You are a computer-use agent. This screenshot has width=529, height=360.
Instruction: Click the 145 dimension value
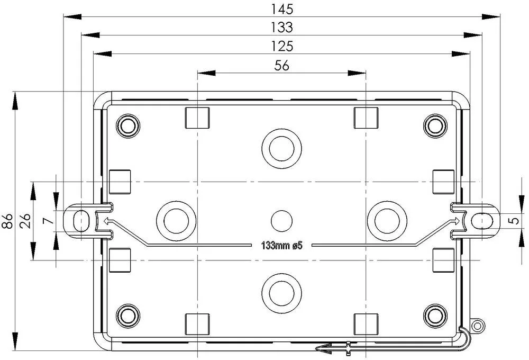point(282,9)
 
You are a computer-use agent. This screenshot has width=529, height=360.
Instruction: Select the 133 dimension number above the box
point(282,28)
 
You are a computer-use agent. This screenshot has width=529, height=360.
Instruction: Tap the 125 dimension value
point(282,46)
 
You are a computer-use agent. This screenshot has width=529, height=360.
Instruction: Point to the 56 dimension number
point(282,66)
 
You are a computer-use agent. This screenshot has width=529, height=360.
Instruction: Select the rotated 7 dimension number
point(49,221)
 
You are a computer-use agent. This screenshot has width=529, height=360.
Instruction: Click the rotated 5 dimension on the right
point(515,221)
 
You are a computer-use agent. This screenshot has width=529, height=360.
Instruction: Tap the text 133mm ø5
point(282,246)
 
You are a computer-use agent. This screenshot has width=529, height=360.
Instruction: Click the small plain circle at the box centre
point(281,221)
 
